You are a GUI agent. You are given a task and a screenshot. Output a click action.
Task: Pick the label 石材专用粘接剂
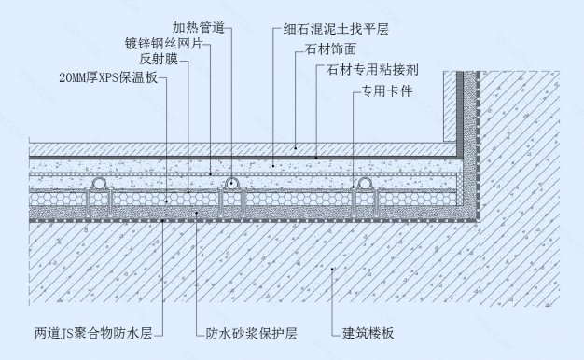pyautogui.click(x=365, y=70)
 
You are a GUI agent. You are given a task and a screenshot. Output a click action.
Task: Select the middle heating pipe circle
pyautogui.click(x=228, y=185)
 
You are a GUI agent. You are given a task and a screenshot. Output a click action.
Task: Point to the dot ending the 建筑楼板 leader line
pyautogui.click(x=333, y=269)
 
